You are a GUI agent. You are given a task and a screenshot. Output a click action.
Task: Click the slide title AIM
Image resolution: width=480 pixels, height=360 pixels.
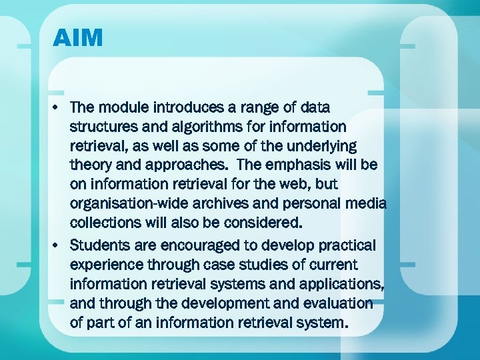click(78, 38)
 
